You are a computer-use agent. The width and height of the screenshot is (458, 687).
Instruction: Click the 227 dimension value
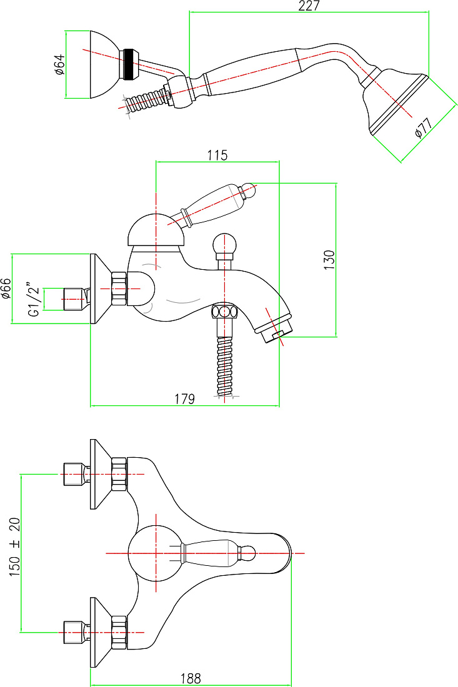309,6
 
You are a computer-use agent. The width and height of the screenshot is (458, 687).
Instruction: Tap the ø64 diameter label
59,64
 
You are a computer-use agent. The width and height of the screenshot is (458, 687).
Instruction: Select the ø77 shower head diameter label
424,127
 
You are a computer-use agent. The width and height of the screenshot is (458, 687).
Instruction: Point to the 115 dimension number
217,155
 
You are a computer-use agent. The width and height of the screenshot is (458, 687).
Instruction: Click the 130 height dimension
329,260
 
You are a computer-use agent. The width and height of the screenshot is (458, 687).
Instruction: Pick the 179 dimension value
184,398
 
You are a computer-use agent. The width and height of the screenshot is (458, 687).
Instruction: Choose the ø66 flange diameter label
6,289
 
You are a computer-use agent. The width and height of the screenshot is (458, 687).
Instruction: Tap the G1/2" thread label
34,299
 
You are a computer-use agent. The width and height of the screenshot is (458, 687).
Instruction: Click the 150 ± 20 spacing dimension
14,546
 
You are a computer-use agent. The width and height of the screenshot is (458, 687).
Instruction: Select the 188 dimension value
191,678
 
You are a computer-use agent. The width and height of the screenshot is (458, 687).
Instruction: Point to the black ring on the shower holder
129,64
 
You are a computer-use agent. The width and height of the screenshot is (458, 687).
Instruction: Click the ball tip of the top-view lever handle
247,553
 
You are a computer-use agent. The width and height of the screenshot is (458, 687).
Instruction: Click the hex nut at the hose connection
224,312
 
